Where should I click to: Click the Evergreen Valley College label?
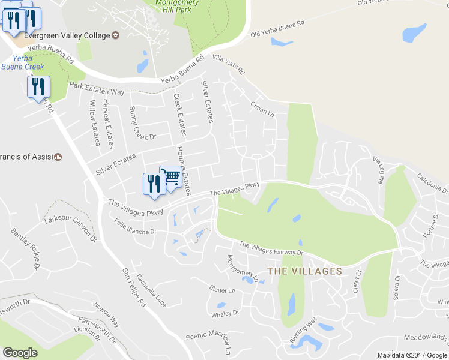click(x=65, y=35)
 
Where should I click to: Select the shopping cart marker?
click(x=170, y=178)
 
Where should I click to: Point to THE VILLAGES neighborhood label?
click(x=304, y=271)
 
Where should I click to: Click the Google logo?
click(x=20, y=353)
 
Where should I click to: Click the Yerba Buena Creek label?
click(x=22, y=62)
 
